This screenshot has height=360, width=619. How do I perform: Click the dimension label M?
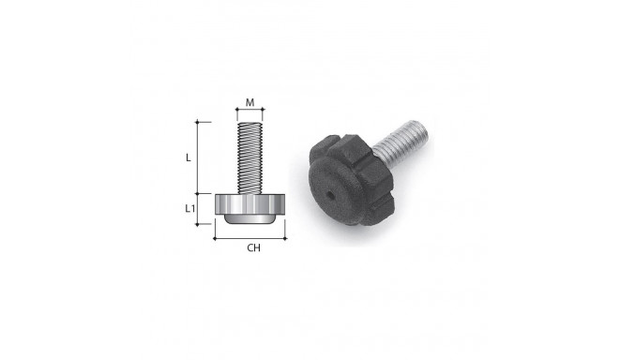[249, 102]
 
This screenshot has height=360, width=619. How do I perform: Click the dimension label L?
[188, 157]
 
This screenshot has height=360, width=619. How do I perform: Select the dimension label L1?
[189, 207]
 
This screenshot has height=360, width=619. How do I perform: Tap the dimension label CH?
[253, 248]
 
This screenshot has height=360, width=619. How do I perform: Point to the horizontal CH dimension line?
[249, 238]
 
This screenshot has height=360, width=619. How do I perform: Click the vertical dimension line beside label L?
[198, 157]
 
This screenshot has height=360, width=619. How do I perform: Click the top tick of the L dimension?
[198, 122]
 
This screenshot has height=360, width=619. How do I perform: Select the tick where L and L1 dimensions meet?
[198, 194]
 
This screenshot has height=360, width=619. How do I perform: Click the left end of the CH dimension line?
[215, 238]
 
